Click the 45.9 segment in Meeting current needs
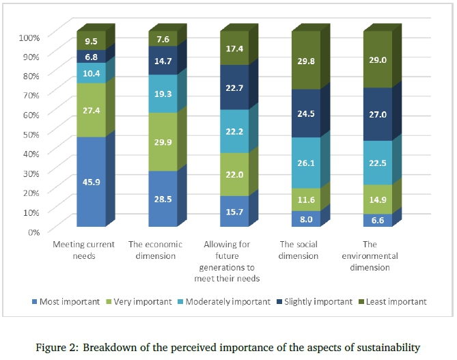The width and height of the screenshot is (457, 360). [91, 182]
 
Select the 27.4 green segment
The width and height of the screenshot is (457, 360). [91, 110]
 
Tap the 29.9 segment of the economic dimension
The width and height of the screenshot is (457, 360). [163, 141]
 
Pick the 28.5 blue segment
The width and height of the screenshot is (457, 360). [163, 199]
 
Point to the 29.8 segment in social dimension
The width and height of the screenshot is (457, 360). [306, 60]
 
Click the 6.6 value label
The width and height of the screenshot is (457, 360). [378, 219]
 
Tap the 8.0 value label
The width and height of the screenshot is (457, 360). [306, 219]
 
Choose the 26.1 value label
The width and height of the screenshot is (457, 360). [306, 163]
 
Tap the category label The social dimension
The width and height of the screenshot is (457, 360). [299, 250]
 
